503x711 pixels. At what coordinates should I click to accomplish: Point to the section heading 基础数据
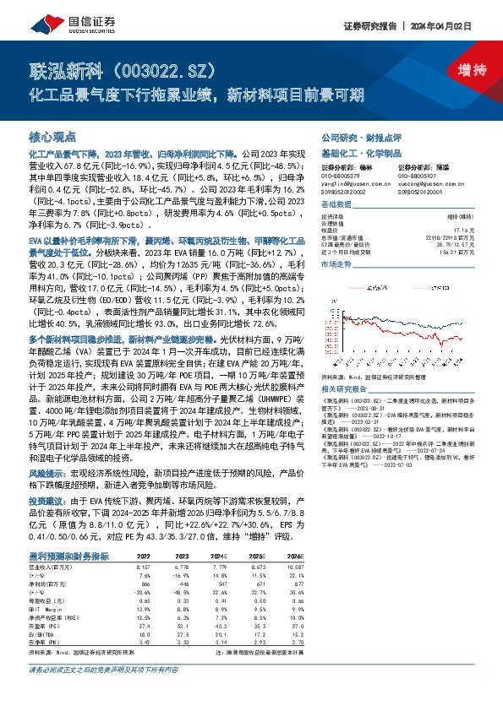(x=336, y=205)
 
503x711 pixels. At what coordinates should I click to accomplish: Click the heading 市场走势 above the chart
(x=336, y=264)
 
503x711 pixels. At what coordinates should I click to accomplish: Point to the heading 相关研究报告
(x=346, y=388)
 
